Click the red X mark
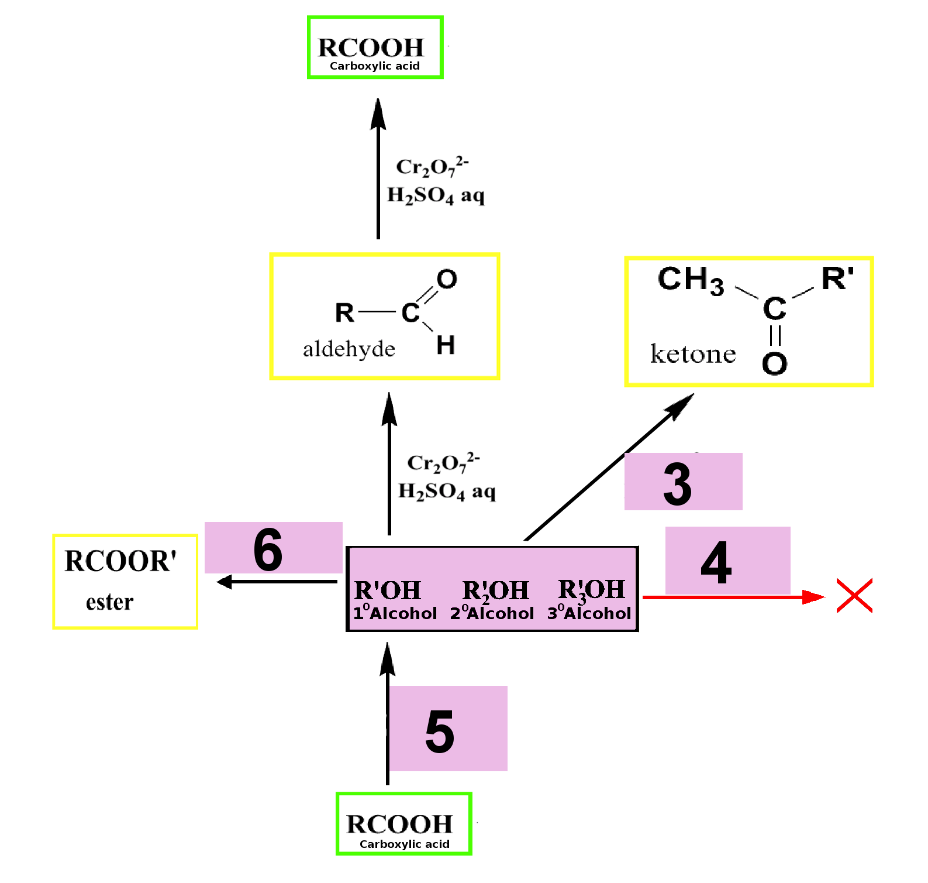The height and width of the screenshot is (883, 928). click(854, 595)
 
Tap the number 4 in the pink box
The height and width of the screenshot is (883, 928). click(716, 562)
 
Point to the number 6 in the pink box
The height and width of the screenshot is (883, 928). click(268, 549)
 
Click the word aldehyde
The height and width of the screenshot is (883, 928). click(349, 349)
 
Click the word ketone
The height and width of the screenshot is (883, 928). click(693, 354)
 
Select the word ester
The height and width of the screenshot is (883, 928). click(110, 602)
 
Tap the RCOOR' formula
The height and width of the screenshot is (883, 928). click(120, 561)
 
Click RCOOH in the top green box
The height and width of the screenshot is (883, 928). click(371, 47)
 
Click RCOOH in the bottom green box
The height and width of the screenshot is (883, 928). click(400, 824)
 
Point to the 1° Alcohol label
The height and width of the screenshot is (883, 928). click(395, 613)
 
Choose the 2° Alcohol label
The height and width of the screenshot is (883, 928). click(492, 613)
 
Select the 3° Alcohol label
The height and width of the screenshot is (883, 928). click(589, 613)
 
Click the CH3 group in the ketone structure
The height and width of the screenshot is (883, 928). click(691, 280)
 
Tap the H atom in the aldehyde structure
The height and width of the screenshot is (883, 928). click(446, 345)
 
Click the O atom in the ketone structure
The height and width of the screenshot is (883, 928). click(774, 363)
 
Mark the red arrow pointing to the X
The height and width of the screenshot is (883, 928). click(734, 597)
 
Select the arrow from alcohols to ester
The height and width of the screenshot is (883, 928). click(277, 582)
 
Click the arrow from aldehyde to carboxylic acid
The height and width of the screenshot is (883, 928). click(378, 169)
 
